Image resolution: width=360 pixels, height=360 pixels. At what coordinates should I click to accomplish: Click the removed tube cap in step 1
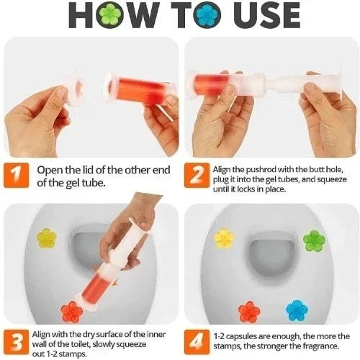(x=73, y=91)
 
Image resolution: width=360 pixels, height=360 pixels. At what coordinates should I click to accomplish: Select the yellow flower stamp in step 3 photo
(x=47, y=238)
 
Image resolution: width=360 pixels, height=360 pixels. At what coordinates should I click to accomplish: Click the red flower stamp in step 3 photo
(x=71, y=311)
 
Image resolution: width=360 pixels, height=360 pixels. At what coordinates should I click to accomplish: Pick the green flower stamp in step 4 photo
(x=314, y=240)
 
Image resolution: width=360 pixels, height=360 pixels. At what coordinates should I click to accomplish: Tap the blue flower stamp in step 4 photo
(x=297, y=310)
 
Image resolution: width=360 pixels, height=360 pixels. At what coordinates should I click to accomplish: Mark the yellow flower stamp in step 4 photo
(x=225, y=238)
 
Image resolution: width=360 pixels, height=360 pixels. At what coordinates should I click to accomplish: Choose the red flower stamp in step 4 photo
(x=249, y=312)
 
